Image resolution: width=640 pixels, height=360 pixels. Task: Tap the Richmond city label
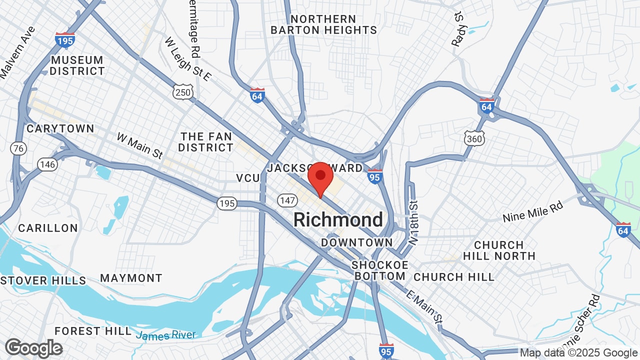pyautogui.click(x=338, y=220)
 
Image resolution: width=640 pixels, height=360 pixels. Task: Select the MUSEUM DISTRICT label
pyautogui.click(x=77, y=65)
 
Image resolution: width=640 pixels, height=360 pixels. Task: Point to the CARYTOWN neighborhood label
pyautogui.click(x=60, y=128)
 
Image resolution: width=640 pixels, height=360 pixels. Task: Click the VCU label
pyautogui.click(x=248, y=178)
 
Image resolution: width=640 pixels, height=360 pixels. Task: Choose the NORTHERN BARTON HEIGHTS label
pyautogui.click(x=323, y=24)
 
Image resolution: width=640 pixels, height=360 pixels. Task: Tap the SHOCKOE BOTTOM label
pyautogui.click(x=379, y=270)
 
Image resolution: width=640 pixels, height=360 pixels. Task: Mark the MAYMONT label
pyautogui.click(x=131, y=278)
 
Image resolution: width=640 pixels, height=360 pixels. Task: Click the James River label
pyautogui.click(x=166, y=335)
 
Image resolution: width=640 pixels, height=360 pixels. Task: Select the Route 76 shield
pyautogui.click(x=18, y=148)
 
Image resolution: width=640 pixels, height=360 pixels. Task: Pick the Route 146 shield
pyautogui.click(x=47, y=164)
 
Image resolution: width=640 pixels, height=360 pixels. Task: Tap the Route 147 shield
pyautogui.click(x=287, y=200)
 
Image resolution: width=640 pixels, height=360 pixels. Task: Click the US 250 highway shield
pyautogui.click(x=183, y=92)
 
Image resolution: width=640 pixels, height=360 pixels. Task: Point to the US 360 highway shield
pyautogui.click(x=473, y=138)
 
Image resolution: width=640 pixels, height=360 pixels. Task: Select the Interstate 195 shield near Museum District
pyautogui.click(x=65, y=39)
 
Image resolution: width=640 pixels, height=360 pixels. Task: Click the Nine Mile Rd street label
pyautogui.click(x=533, y=211)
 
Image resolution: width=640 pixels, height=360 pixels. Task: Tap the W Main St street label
pyautogui.click(x=140, y=145)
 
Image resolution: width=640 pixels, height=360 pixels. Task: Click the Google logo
pyautogui.click(x=33, y=348)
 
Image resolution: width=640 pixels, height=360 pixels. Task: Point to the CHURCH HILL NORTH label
pyautogui.click(x=499, y=250)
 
